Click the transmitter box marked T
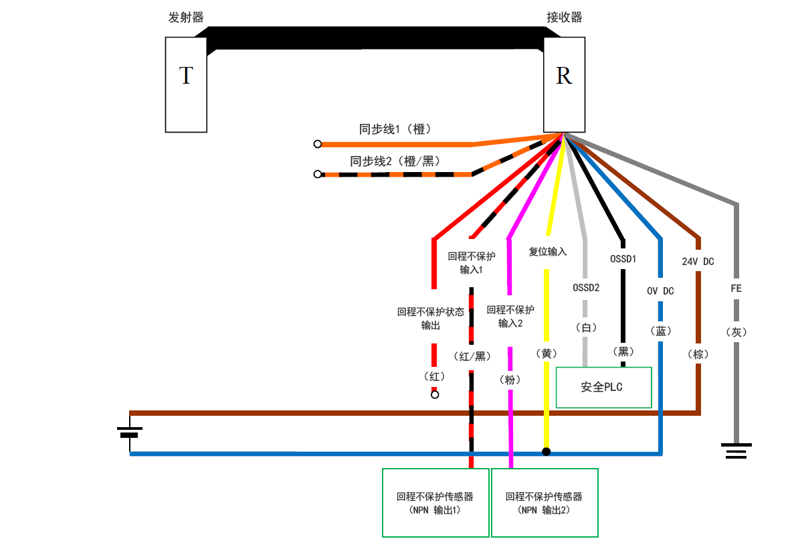[x=186, y=84]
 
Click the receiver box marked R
[x=564, y=84]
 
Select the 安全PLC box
[x=603, y=387]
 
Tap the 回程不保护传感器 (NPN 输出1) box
[x=435, y=503]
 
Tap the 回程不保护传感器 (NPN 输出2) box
[x=544, y=503]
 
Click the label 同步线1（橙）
[x=395, y=129]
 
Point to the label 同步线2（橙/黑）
[x=395, y=161]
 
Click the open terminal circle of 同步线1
[x=318, y=144]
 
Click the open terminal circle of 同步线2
[x=318, y=174]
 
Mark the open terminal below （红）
[x=435, y=395]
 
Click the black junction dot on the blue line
[x=546, y=452]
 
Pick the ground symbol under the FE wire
[x=736, y=450]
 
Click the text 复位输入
[x=548, y=252]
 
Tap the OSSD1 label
[x=623, y=258]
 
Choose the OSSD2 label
[x=586, y=288]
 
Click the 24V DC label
[x=698, y=261]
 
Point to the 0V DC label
[x=660, y=291]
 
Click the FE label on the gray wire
[x=736, y=289]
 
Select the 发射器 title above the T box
[x=186, y=17]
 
